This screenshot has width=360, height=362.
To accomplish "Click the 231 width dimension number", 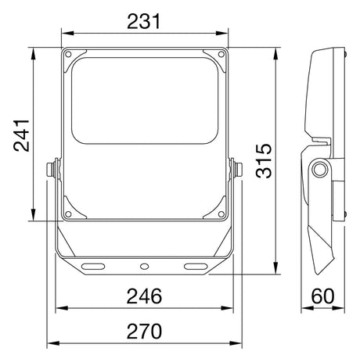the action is tap(144, 21).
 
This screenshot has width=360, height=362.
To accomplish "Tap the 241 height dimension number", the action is tap(21, 135).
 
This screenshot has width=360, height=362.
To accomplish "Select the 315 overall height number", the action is tap(264, 160).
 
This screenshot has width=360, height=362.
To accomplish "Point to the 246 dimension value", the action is tap(144, 296).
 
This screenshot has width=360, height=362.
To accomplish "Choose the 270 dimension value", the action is tap(144, 331).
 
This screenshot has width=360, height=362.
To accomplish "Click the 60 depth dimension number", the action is tap(322, 296).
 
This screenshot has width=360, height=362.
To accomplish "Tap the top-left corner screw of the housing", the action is tap(68, 54).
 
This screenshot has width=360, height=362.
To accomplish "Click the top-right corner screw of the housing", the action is tap(221, 54).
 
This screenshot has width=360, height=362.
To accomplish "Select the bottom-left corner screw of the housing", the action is tap(68, 214).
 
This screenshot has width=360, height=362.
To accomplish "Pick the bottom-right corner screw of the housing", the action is tap(221, 214).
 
